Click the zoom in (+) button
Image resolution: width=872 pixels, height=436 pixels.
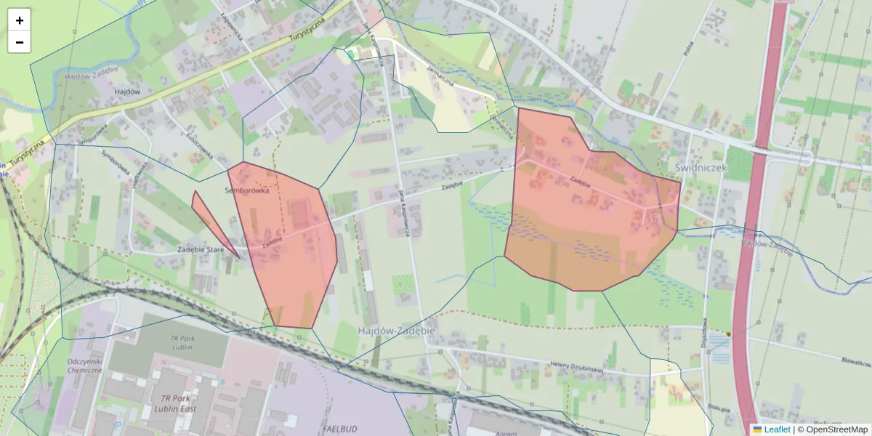[20, 20]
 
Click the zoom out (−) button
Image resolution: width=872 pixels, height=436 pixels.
[20, 42]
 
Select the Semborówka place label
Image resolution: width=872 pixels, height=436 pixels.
[248, 190]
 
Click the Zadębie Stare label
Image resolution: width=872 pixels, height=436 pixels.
[201, 249]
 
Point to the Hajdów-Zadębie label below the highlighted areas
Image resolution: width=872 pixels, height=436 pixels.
[396, 330]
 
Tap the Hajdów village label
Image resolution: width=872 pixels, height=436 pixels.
[127, 92]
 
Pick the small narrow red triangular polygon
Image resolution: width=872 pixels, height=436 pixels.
[211, 222]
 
